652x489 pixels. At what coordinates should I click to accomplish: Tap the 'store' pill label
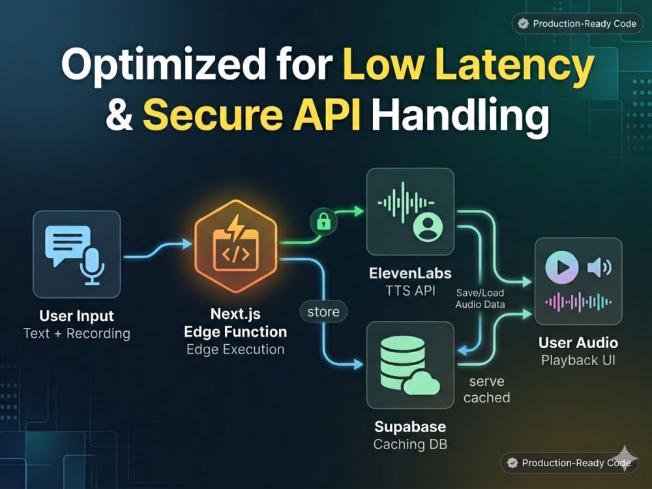[x=323, y=312]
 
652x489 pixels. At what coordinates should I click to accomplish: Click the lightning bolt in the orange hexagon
[x=236, y=228]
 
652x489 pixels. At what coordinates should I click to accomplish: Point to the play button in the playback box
[x=562, y=267]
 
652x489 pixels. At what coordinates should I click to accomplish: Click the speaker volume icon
[x=599, y=267]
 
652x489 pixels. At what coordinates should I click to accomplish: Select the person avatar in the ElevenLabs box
[x=428, y=227]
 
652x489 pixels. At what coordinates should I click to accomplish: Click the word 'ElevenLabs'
[x=410, y=273]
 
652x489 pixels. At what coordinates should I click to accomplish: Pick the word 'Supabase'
[x=410, y=426]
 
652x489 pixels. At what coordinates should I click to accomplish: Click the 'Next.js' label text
[x=235, y=314]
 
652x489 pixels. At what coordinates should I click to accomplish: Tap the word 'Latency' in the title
[x=515, y=65]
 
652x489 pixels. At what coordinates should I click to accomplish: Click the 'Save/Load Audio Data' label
[x=481, y=299]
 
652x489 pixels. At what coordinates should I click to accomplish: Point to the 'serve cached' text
[x=486, y=389]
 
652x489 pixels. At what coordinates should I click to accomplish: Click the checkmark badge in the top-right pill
[x=523, y=23]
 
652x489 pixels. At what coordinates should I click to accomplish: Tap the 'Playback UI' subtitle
[x=578, y=360]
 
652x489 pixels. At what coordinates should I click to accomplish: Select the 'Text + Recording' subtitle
[x=76, y=333]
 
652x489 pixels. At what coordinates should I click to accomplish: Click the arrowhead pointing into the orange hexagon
[x=187, y=244]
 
